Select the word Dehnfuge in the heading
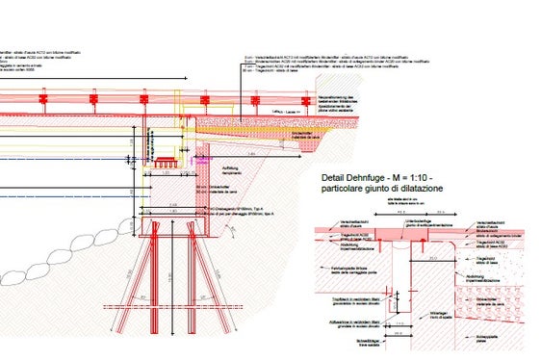click(x=374, y=180)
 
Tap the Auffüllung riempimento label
click(x=234, y=170)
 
